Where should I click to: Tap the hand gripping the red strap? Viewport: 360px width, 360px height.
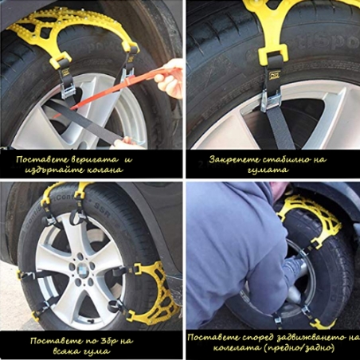tap(172, 68)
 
